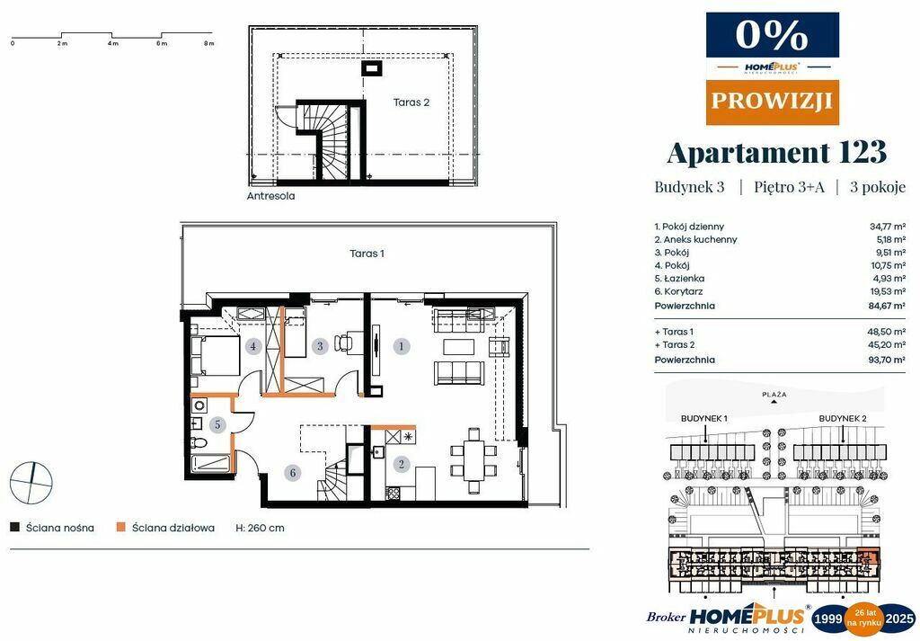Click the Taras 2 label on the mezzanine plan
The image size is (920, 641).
coord(411,102)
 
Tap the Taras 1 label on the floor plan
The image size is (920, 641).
coord(367,254)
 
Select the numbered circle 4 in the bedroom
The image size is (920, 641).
coord(252,346)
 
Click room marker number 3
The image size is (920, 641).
coord(320,346)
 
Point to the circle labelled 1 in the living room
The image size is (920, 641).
coord(402,346)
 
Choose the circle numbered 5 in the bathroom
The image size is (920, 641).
coord(217,424)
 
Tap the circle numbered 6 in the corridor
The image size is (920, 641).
coord(292,473)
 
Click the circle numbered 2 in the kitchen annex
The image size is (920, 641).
coord(402,465)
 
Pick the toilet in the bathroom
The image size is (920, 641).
coord(199,442)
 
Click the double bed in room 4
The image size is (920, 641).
coord(216,355)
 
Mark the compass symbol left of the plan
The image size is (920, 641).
coord(31,483)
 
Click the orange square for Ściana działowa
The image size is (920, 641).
coord(121,527)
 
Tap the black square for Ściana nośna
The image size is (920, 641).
coord(14,527)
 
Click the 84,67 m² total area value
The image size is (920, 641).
coord(887,306)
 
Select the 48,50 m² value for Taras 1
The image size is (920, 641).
coord(887,332)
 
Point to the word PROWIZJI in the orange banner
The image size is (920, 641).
coord(772,101)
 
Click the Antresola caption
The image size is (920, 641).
coord(270,196)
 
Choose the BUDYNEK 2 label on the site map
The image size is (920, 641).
coord(843,419)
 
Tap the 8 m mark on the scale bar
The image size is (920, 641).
coord(208,43)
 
